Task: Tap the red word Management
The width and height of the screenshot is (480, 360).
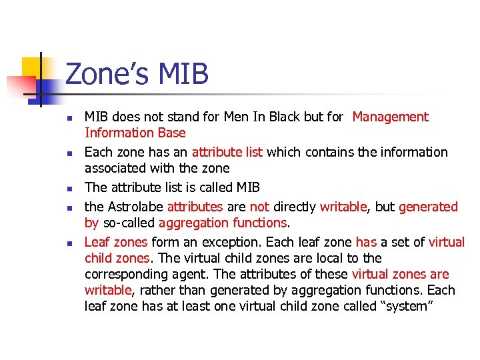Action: [390, 117]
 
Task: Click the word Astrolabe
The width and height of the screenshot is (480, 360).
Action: [135, 207]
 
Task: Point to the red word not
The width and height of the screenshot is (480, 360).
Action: [259, 207]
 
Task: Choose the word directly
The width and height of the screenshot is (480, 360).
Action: [294, 207]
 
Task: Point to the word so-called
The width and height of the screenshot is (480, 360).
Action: [128, 223]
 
